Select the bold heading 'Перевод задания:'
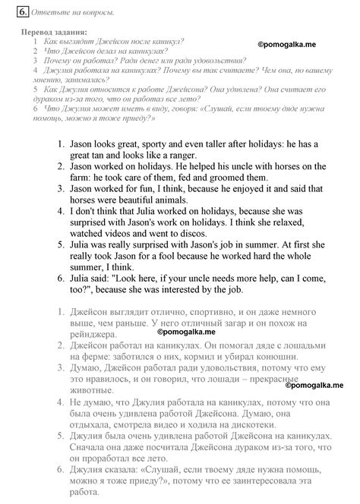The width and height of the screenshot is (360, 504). click(54, 32)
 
